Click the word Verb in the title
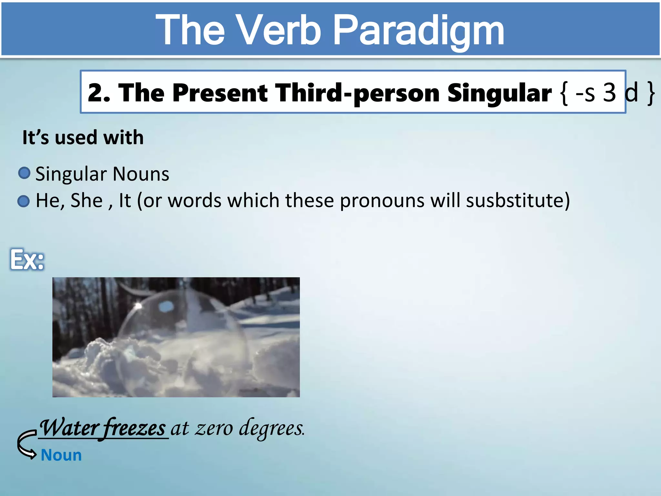point(280,31)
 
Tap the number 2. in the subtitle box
point(99,93)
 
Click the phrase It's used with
point(83,138)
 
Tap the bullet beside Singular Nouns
point(24,173)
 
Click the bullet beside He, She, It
point(24,201)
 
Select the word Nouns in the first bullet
point(141,174)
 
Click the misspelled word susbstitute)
point(518,201)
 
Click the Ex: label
point(27,260)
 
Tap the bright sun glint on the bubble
point(138,305)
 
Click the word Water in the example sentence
point(69,428)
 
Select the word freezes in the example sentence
point(135,428)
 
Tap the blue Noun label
point(61,455)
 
